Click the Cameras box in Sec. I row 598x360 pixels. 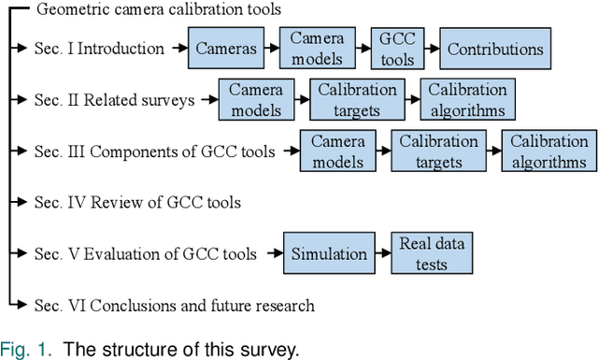tap(228, 49)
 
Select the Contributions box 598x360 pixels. tap(493, 49)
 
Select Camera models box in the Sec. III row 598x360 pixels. tap(337, 151)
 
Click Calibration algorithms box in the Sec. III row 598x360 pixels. tap(546, 151)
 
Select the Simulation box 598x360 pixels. tap(329, 254)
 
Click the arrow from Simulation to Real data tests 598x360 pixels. tap(379, 254)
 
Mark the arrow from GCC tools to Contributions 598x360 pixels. tap(433, 49)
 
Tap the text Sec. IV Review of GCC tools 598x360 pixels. tap(137, 202)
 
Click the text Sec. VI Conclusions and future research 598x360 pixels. tap(174, 305)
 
